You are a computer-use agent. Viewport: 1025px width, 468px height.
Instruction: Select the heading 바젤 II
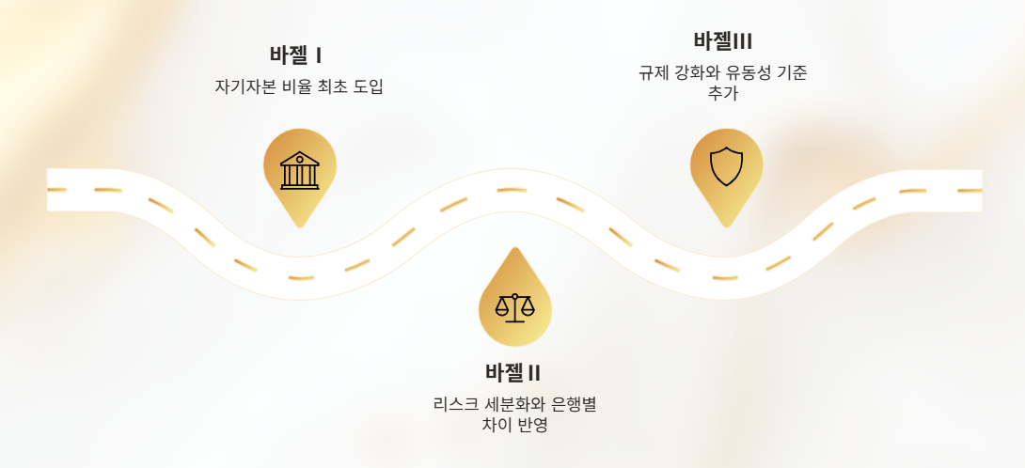pos(512,372)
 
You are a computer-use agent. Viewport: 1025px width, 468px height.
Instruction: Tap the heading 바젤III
pos(722,41)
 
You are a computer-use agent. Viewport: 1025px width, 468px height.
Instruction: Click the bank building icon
pos(300,170)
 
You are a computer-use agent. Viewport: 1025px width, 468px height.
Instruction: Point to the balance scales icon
pos(514,306)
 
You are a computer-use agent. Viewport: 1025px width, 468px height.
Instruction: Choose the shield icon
pos(726,167)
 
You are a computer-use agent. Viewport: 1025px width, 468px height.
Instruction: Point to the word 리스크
pos(455,405)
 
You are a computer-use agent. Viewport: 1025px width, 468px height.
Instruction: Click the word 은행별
pos(576,405)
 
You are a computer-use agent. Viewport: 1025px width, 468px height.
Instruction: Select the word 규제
pos(653,73)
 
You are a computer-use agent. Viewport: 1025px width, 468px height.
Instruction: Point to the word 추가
pos(722,93)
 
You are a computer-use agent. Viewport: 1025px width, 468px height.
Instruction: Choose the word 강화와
pos(694,73)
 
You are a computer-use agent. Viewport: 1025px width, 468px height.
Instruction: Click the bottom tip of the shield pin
pos(726,226)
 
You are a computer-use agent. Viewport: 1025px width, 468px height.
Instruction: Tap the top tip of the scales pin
pos(514,248)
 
